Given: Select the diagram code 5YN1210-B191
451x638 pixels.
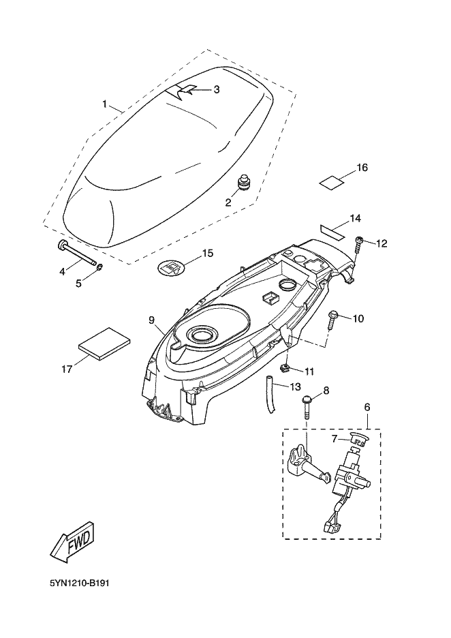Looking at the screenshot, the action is tap(80, 583).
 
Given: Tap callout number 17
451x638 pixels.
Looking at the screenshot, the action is tap(67, 369).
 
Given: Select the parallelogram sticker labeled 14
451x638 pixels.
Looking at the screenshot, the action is tap(332, 230).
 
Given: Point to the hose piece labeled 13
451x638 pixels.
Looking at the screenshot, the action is tap(270, 395).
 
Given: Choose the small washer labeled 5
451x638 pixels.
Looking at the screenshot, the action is tap(99, 267).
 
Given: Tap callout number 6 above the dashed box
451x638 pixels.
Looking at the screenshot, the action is tap(367, 407).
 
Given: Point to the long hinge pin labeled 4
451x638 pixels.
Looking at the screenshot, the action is tap(78, 254).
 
